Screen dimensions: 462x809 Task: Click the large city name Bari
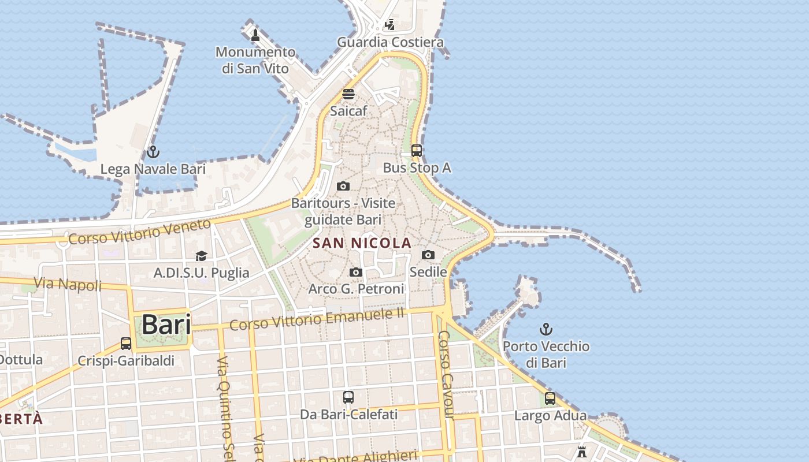point(166,325)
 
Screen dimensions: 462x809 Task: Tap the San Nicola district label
point(362,243)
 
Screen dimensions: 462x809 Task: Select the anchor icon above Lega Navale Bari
point(153,152)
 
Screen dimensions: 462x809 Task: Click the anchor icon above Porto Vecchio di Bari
point(546,329)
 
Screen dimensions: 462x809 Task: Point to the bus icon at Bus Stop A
point(416,151)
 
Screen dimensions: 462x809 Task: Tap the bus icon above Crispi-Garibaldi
point(126,344)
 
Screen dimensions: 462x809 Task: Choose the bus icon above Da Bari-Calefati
point(348,397)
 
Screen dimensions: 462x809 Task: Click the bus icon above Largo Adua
point(550,398)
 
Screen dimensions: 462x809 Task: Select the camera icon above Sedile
point(428,255)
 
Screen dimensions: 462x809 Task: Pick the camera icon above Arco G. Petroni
point(356,272)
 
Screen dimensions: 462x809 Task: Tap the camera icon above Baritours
point(343,186)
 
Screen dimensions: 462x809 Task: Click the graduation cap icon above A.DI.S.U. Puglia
point(201,256)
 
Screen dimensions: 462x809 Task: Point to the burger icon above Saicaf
point(348,94)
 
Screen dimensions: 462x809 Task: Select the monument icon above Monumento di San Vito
point(255,35)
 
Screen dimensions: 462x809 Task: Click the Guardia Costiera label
point(390,42)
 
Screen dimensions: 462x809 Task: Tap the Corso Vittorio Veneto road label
point(139,230)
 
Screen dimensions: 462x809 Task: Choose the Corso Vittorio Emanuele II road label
point(317,319)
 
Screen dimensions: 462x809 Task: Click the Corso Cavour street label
point(448,374)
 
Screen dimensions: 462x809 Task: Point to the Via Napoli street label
point(68,284)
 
